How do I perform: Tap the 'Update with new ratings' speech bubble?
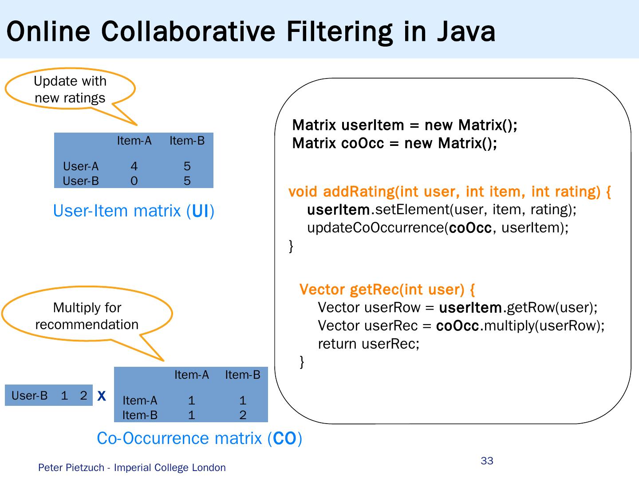70,89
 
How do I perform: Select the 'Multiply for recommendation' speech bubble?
87,316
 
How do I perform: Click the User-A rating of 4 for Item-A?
134,166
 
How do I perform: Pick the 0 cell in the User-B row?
134,181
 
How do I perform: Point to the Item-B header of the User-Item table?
187,141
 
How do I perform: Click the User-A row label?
81,166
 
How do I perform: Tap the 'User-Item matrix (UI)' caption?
134,211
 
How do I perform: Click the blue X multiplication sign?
102,396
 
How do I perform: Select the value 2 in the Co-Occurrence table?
243,415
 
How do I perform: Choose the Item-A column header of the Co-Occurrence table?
191,375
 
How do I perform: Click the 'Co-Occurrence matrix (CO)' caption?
199,438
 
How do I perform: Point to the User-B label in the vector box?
29,396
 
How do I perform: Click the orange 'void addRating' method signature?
450,192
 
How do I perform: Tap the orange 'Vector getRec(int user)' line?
387,290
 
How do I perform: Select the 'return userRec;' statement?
368,344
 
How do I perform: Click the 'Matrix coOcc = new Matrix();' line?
394,143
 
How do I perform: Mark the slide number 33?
487,461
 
